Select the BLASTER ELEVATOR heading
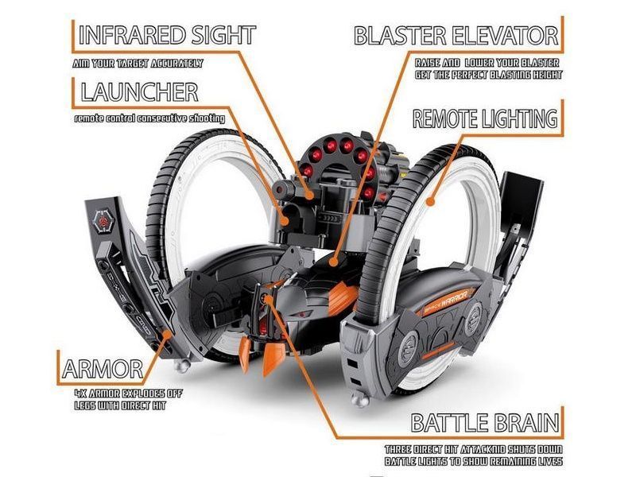tap(456, 35)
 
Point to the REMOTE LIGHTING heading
tap(484, 119)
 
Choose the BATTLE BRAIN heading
tap(484, 423)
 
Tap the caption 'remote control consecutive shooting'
tap(149, 118)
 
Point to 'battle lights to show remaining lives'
tap(475, 461)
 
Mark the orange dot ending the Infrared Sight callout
tap(311, 194)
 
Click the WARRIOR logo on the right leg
tap(449, 304)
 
